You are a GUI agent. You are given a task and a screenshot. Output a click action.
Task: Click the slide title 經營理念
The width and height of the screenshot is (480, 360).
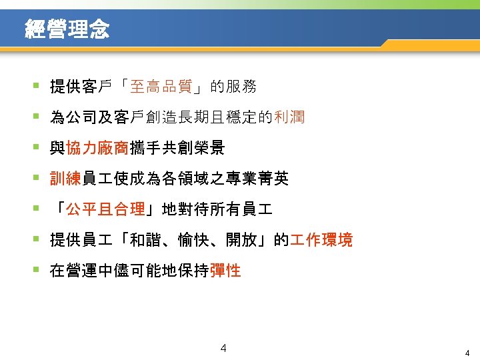pyautogui.click(x=67, y=29)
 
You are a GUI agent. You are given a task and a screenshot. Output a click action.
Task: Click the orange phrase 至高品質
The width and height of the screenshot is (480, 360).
pyautogui.click(x=162, y=87)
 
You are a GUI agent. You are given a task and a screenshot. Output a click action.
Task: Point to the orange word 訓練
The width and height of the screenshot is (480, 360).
pyautogui.click(x=65, y=179)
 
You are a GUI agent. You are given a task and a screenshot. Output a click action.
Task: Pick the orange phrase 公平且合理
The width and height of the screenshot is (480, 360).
pyautogui.click(x=105, y=209)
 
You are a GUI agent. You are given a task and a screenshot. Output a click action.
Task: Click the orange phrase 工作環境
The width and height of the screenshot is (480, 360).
pyautogui.click(x=321, y=240)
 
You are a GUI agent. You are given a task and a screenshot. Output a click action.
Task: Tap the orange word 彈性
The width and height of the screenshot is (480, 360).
pyautogui.click(x=225, y=271)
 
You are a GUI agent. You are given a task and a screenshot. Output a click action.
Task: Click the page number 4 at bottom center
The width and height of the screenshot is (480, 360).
pyautogui.click(x=223, y=348)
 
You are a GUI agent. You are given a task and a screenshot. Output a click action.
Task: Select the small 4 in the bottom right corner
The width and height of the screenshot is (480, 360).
pyautogui.click(x=467, y=353)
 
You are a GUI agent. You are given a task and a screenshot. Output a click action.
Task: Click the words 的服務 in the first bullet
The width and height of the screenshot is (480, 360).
pyautogui.click(x=233, y=87)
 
